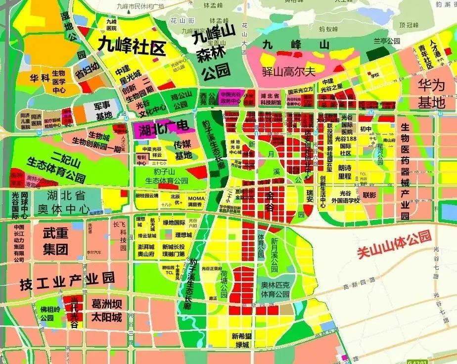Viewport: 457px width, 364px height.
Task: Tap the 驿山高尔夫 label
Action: pos(289,71)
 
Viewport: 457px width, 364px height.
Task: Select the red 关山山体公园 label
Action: pos(394,245)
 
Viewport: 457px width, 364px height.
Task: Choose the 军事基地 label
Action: pos(104,110)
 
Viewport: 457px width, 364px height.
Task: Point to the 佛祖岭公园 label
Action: pos(47,312)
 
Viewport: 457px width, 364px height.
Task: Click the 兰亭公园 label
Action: pos(387,42)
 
